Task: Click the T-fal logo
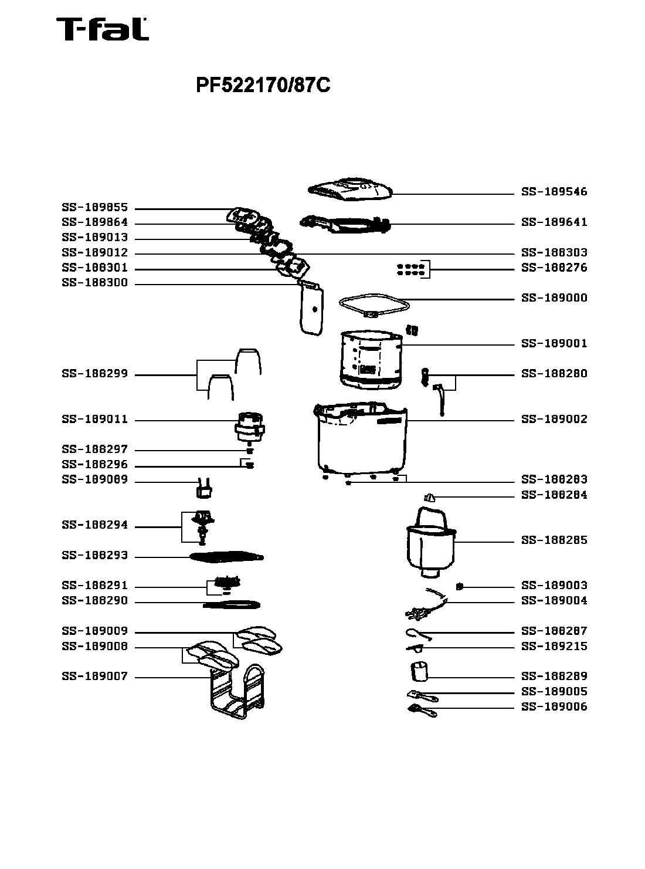(102, 29)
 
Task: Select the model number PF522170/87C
(263, 86)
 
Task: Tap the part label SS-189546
(554, 192)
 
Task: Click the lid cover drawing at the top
(351, 190)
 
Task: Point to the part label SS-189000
(554, 298)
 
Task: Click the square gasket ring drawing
(374, 306)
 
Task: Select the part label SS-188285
(554, 540)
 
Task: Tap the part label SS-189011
(94, 420)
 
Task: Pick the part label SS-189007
(94, 677)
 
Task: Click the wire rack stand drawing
(236, 692)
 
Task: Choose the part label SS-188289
(554, 677)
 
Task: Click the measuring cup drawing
(419, 671)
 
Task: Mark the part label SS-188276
(554, 268)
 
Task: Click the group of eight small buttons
(410, 269)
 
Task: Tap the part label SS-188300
(94, 283)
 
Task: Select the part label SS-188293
(94, 556)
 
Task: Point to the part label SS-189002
(554, 420)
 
